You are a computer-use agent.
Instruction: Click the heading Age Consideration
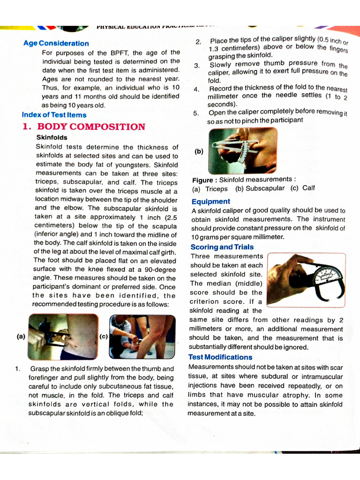pos(56,43)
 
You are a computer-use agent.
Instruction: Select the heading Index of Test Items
pos(54,115)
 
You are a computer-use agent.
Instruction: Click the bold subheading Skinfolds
pos(52,138)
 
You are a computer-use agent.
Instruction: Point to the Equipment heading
pos(210,202)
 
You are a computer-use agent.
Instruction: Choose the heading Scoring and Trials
pos(222,247)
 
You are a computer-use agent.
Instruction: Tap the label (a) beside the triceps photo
pos(21,336)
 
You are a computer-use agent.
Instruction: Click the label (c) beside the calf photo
pos(104,336)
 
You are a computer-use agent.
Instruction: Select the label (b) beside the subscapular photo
pos(199,151)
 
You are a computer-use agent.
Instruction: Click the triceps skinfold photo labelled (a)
pos(63,337)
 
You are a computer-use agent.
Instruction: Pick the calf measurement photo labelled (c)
pos(142,337)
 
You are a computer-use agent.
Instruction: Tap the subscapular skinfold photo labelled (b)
pos(242,150)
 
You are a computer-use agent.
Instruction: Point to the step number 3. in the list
pos(197,66)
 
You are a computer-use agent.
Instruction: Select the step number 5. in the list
pos(196,113)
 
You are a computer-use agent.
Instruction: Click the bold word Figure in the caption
pos(202,180)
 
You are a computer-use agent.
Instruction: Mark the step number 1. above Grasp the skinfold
pos(17,369)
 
